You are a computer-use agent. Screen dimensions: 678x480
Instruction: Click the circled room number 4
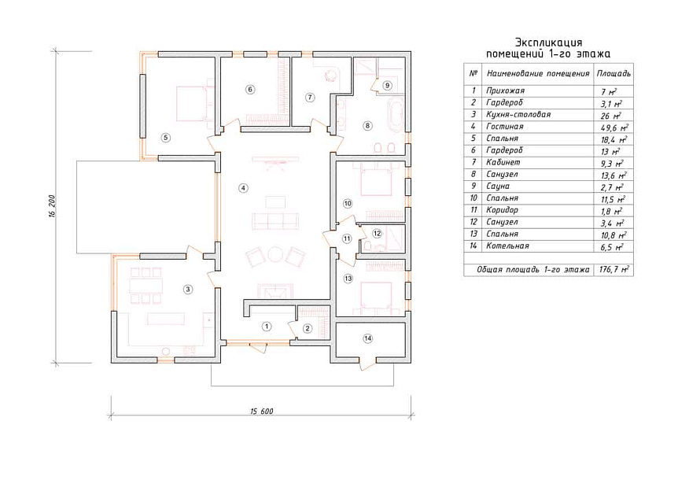pyautogui.click(x=244, y=188)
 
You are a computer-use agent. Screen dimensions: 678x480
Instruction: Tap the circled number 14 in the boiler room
pyautogui.click(x=367, y=338)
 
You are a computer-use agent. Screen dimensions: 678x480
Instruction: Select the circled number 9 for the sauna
pyautogui.click(x=387, y=85)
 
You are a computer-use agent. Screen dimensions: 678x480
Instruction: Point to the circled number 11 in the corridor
pyautogui.click(x=347, y=238)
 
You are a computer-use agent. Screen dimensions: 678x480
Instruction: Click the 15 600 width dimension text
pyautogui.click(x=262, y=412)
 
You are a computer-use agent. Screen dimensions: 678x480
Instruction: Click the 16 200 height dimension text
pyautogui.click(x=52, y=206)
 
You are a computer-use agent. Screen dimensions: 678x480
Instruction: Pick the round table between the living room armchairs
pyautogui.click(x=275, y=255)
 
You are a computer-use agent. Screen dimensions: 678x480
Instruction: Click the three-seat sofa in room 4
pyautogui.click(x=275, y=221)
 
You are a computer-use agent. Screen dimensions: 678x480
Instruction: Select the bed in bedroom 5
pyautogui.click(x=190, y=103)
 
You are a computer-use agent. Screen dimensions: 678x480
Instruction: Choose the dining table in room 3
pyautogui.click(x=146, y=286)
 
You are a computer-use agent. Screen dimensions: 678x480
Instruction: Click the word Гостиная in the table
pyautogui.click(x=505, y=127)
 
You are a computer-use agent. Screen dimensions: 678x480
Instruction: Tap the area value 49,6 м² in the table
pyautogui.click(x=614, y=127)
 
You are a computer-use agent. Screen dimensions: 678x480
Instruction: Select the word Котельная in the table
pyautogui.click(x=507, y=246)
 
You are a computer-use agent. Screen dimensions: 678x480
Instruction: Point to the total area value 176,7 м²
pyautogui.click(x=614, y=269)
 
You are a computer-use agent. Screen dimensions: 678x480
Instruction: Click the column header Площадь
pyautogui.click(x=614, y=73)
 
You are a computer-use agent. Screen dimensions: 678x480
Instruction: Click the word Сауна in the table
pyautogui.click(x=498, y=186)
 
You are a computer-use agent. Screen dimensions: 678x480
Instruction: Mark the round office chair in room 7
pyautogui.click(x=330, y=76)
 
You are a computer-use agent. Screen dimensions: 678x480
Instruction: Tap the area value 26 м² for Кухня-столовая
pyautogui.click(x=610, y=116)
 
